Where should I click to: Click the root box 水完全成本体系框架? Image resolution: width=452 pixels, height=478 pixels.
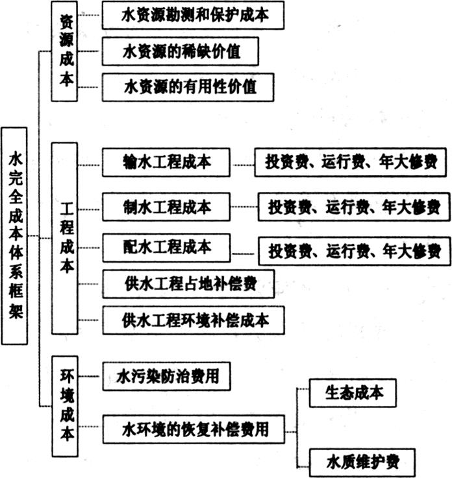(14, 236)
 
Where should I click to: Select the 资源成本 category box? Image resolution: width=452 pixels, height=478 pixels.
(64, 51)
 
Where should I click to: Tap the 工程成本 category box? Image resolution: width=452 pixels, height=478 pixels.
(64, 239)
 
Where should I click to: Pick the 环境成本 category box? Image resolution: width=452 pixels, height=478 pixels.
(65, 406)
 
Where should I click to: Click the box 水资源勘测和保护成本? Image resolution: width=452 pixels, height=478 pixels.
(193, 16)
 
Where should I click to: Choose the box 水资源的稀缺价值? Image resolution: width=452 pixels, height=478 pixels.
(181, 51)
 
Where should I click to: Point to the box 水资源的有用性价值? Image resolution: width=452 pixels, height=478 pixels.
(188, 87)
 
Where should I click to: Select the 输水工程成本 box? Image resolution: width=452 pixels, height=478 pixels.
(166, 162)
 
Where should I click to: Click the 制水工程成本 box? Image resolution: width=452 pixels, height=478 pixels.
(166, 207)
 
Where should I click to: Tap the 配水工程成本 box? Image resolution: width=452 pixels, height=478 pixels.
(167, 248)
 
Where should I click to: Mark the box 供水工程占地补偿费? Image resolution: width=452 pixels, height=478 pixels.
(188, 284)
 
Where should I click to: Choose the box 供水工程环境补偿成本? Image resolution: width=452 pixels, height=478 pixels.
(194, 320)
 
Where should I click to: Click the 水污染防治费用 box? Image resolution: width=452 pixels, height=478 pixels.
(167, 376)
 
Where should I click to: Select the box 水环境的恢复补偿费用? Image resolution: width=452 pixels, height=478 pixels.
(194, 429)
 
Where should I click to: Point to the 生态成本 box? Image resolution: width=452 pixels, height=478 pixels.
(353, 393)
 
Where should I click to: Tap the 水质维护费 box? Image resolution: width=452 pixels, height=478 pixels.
(362, 462)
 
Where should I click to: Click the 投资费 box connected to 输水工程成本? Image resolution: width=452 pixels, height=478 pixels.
(351, 162)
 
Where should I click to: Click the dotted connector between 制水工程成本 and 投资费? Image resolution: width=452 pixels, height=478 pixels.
(244, 207)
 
